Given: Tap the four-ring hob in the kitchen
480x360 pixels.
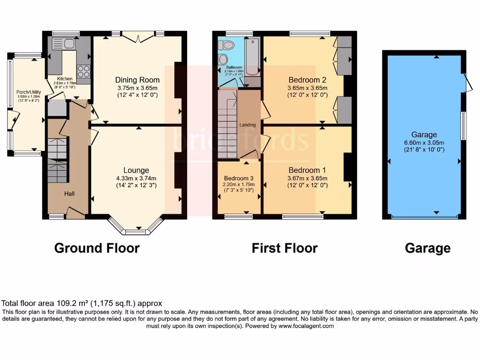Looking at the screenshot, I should (x=83, y=71).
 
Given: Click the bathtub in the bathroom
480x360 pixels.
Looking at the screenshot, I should (x=252, y=57).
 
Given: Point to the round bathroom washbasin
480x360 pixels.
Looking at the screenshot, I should (x=223, y=60).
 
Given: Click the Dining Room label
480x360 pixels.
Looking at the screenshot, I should (x=137, y=80).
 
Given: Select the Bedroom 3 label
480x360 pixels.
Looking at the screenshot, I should (x=239, y=178).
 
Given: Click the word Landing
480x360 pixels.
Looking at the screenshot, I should (x=247, y=125).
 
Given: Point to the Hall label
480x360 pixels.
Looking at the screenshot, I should (x=70, y=193).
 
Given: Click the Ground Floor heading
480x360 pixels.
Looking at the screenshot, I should (x=97, y=248).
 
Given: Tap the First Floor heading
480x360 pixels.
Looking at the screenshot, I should (x=285, y=248).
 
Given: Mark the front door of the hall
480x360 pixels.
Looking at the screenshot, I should (x=75, y=214).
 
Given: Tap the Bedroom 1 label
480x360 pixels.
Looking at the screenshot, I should (x=307, y=170).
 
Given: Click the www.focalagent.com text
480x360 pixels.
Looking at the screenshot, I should (x=307, y=326).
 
